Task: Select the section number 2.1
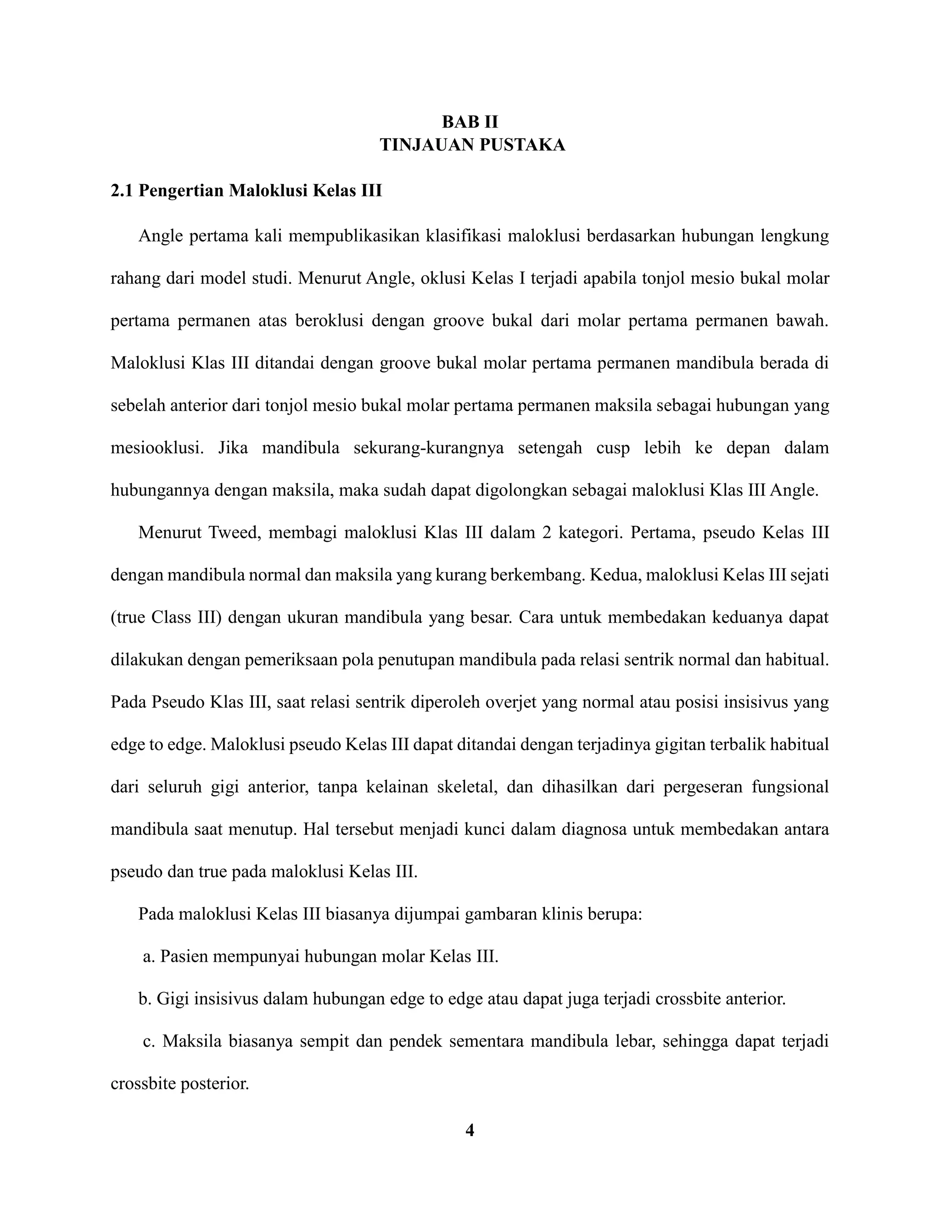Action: point(122,191)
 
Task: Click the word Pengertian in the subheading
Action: point(181,191)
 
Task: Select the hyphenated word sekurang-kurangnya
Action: point(428,448)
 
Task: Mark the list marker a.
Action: point(148,957)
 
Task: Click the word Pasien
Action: point(184,957)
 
